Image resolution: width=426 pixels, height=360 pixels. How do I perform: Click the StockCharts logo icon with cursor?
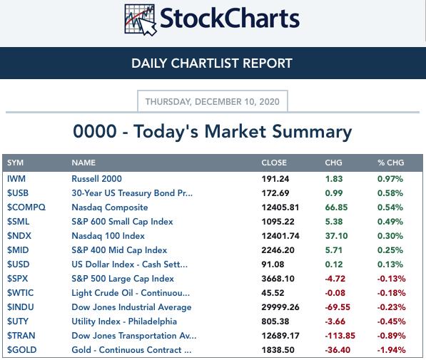coord(141,20)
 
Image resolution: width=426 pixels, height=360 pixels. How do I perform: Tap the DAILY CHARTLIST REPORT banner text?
coord(212,63)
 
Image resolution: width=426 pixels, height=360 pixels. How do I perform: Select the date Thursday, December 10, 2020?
coord(213,101)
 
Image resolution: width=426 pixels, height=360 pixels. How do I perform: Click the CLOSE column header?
coord(274,163)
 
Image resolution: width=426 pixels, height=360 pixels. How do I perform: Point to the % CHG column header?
coord(391,163)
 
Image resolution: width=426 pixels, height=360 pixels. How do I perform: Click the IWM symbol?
coord(16,179)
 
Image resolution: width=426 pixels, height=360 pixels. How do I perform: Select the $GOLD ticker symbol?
coord(21,350)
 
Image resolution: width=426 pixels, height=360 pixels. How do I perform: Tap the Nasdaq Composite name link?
coord(110,207)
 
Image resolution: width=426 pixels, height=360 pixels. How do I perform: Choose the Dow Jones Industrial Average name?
coord(131,307)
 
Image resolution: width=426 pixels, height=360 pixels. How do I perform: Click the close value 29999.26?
coord(280,307)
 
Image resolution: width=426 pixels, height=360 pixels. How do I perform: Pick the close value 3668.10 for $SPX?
coord(278,279)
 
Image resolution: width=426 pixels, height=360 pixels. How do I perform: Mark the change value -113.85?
coord(340,336)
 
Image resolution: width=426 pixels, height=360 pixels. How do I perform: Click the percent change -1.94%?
coord(391,350)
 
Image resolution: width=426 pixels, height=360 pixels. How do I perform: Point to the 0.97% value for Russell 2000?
coord(390,179)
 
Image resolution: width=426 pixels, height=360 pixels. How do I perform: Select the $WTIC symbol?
coord(21,293)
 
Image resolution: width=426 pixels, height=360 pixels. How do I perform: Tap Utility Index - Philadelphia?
coord(124,322)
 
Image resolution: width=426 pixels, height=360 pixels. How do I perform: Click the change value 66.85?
coord(336,207)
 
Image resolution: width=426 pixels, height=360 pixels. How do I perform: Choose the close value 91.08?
coord(273,264)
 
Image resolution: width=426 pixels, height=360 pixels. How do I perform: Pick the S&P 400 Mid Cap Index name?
coord(119,250)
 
